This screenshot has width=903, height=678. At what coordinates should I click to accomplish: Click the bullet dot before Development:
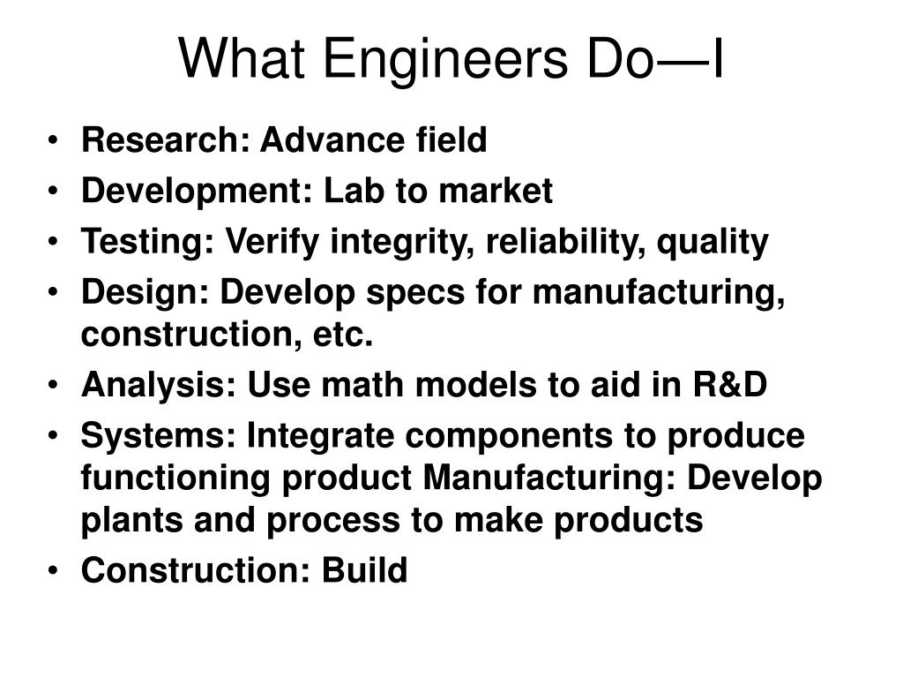56,192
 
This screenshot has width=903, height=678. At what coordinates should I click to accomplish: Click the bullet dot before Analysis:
56,386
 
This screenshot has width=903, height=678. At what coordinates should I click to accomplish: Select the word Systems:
158,437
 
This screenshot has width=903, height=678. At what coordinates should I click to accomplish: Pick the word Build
364,571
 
